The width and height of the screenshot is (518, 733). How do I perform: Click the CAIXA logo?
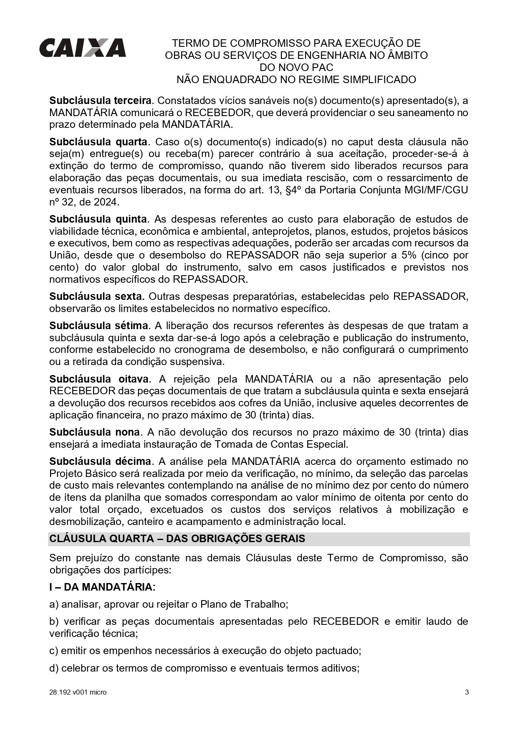point(83,48)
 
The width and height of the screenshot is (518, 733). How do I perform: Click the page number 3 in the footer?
point(467,692)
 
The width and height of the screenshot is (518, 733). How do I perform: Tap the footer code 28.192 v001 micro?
point(78,692)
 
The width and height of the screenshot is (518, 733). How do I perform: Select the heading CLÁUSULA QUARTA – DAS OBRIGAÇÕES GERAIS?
point(177,538)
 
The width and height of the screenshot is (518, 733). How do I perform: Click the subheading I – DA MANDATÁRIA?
point(102,587)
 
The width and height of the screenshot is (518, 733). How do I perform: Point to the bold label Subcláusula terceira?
point(100,101)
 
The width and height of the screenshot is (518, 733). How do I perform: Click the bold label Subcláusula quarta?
point(98,142)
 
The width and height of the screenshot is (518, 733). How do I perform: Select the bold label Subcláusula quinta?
point(98,219)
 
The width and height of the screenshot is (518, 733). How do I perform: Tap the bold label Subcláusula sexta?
point(96,297)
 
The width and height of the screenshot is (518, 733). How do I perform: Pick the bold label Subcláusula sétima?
point(99,325)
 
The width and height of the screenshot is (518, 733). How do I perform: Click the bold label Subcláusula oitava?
point(99,379)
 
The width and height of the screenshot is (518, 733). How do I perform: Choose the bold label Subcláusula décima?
point(100,461)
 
